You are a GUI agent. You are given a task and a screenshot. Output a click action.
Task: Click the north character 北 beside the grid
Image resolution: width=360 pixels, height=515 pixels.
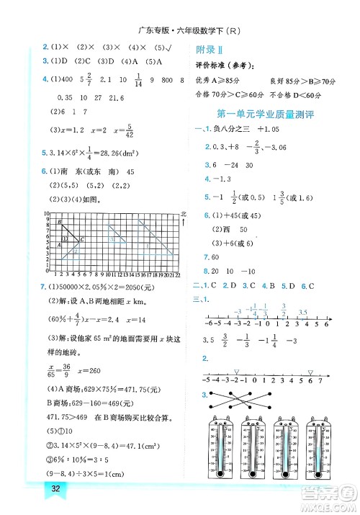[184, 215]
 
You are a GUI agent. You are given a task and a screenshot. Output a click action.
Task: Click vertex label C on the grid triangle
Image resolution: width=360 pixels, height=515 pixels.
[82, 239]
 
